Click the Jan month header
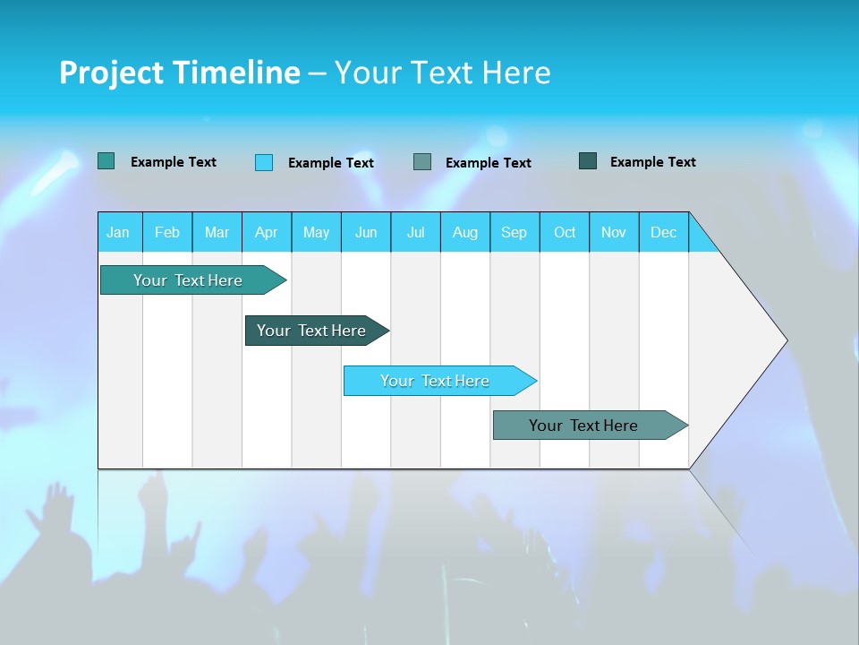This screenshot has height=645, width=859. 118,232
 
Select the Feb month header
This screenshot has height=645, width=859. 167,232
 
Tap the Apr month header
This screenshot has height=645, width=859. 267,232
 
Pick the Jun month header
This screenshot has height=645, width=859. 366,232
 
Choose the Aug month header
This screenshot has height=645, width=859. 465,232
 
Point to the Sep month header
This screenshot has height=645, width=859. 515,232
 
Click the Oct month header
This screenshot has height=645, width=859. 565,232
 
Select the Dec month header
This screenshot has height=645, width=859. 664,232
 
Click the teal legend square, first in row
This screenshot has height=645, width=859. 106,161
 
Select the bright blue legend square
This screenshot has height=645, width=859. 264,162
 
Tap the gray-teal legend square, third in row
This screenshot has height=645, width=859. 422,161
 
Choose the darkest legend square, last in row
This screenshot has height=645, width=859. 588,161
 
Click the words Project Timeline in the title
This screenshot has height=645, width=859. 180,73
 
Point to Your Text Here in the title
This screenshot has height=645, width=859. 443,73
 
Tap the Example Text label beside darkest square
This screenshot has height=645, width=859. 653,161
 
